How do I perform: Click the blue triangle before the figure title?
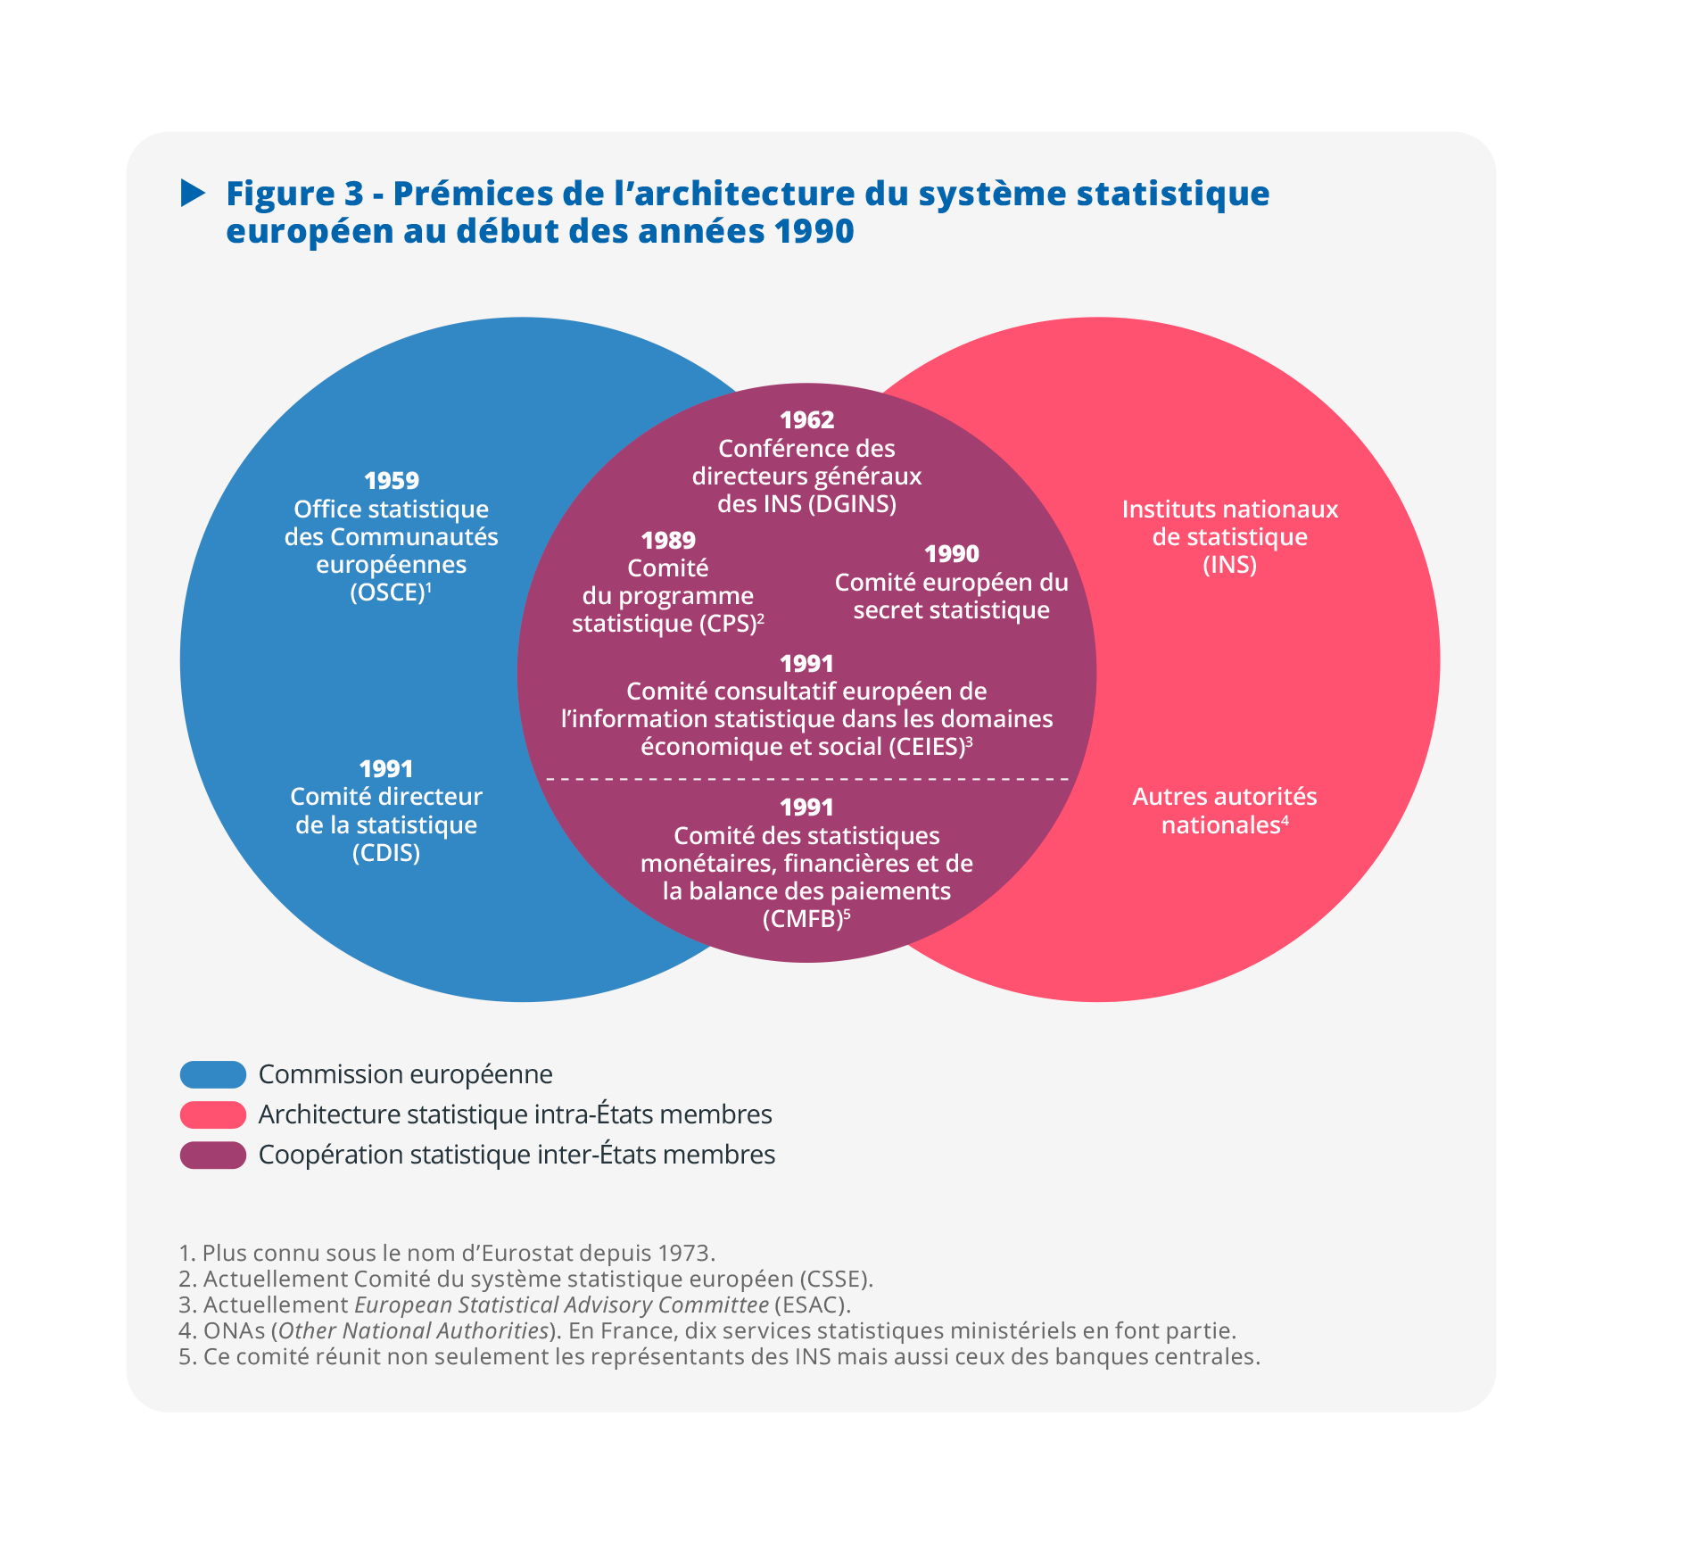[193, 193]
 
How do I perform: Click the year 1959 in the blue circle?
[392, 481]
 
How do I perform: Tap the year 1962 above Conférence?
[806, 420]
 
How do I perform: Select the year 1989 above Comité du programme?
[668, 541]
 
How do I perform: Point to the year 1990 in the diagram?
[951, 554]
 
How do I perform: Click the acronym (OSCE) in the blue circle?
[386, 592]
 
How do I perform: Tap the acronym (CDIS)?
[386, 853]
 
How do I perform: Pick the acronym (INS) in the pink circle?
[1229, 565]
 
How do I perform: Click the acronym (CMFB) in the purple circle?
[802, 919]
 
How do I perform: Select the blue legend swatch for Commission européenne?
[213, 1074]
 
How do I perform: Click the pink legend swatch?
[213, 1114]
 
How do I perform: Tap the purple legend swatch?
[213, 1155]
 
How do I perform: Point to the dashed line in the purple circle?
[806, 779]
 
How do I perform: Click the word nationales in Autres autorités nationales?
[1220, 825]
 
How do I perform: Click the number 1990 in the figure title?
[814, 231]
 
